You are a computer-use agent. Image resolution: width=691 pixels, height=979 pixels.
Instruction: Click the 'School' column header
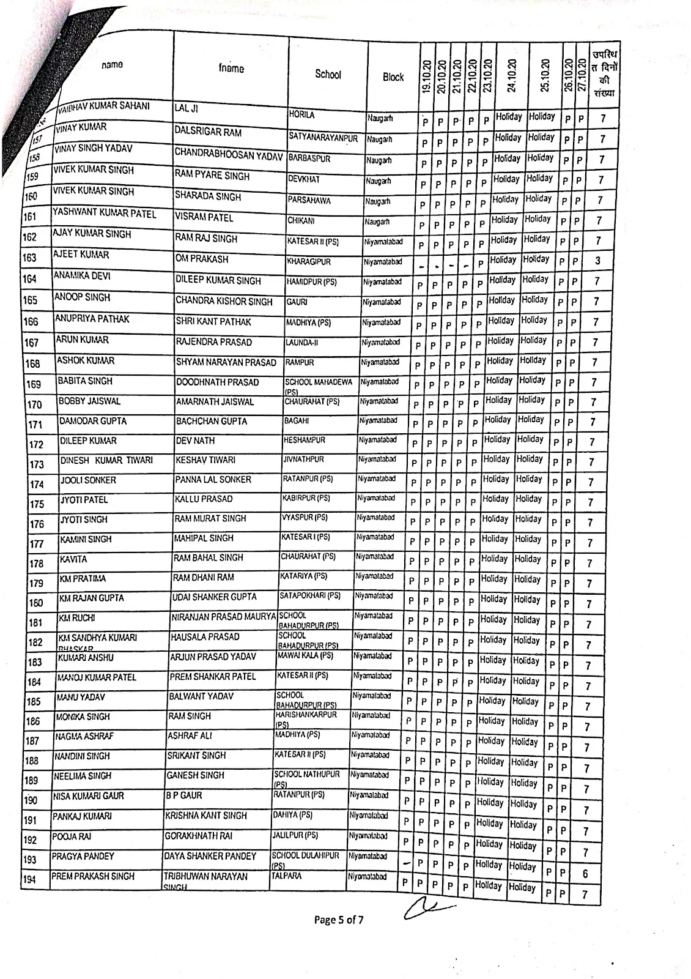click(328, 74)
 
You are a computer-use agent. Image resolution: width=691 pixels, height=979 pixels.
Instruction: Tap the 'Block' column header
click(393, 77)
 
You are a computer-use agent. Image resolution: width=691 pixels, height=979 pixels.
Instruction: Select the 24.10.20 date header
click(512, 75)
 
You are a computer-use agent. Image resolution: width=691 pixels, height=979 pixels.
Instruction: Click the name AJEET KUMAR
click(73, 255)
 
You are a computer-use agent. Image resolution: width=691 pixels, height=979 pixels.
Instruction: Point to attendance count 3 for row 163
click(597, 261)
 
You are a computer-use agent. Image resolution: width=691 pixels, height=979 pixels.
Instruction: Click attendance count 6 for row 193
click(585, 874)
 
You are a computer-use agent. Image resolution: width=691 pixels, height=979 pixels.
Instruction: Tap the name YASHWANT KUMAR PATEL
click(105, 214)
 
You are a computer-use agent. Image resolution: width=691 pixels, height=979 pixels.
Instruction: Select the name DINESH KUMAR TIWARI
click(106, 460)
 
